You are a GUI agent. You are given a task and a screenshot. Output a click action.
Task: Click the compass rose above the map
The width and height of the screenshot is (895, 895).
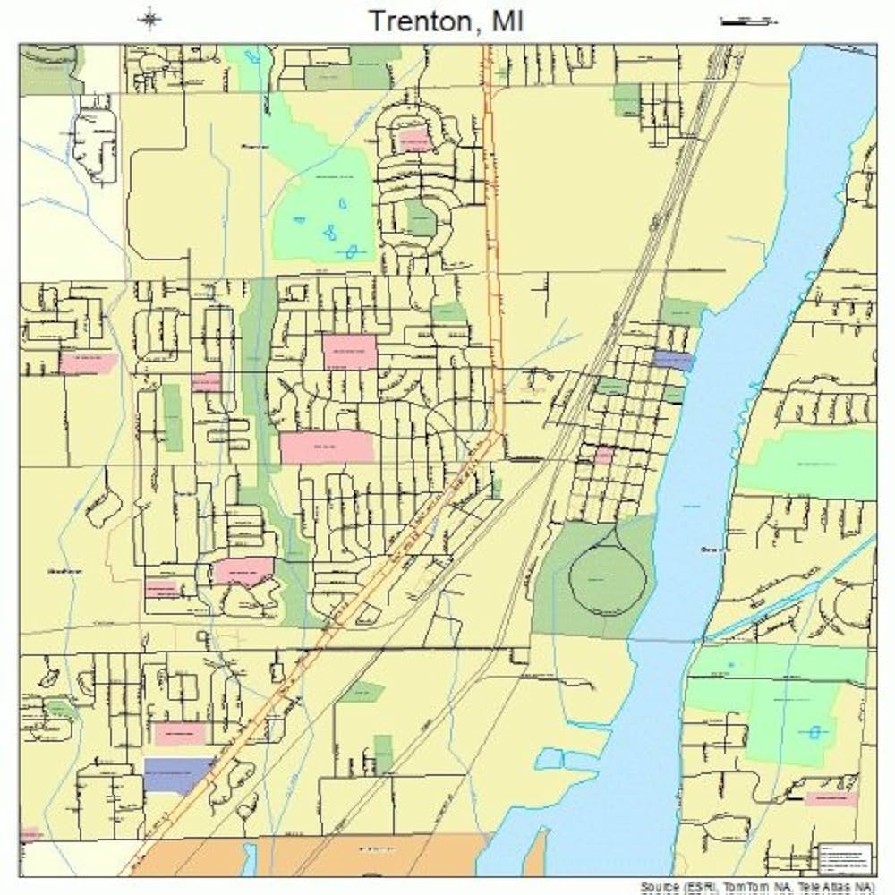click(149, 19)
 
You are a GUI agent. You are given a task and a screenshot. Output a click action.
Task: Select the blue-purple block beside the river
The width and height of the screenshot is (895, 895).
click(673, 360)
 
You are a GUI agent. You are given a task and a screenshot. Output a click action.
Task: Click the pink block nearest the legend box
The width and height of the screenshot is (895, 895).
click(831, 797)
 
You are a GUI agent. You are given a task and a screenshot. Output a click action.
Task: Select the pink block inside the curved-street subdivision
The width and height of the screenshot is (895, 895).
click(413, 141)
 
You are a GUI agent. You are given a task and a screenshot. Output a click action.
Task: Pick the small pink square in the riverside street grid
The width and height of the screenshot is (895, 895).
click(605, 455)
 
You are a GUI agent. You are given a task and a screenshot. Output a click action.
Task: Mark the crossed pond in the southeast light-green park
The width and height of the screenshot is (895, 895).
click(814, 731)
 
